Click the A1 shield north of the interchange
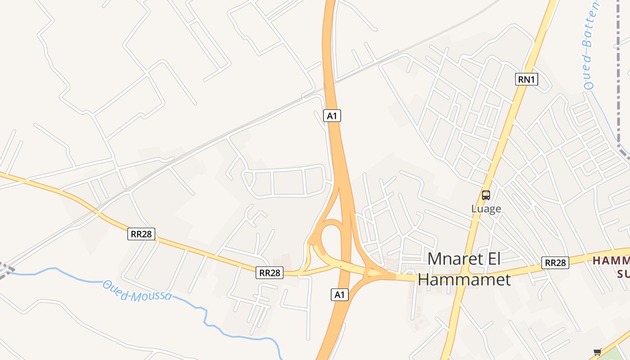coord(332,116)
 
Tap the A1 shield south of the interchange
coord(340,295)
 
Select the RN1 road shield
coord(526,80)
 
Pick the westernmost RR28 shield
coord(141,234)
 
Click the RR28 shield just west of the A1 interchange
coord(270,273)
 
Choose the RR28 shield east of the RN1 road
coord(555,263)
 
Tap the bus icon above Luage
coord(486,195)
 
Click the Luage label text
coord(486,209)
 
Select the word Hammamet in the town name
coord(464,279)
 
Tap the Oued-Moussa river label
coord(137,291)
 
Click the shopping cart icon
coord(597,352)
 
